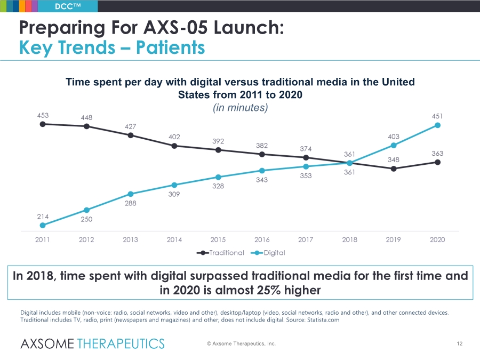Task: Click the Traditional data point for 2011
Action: coord(43,124)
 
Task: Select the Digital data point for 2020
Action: coord(437,125)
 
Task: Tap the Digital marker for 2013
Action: coord(131,194)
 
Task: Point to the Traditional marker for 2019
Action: coord(394,169)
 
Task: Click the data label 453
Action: coord(43,115)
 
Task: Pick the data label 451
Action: coord(437,116)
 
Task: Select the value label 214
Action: coord(43,217)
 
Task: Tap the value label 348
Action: coord(394,160)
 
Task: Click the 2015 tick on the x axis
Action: coord(218,239)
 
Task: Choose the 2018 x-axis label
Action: coord(349,239)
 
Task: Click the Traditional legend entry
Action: coord(220,253)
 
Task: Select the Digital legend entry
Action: coord(268,253)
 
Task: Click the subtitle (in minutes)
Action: coord(241,108)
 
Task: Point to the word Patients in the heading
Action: coord(170,48)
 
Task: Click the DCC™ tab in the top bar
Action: coord(68,6)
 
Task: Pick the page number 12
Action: coord(460,344)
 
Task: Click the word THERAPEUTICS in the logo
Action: coord(121,344)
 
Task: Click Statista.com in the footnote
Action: coord(323,320)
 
